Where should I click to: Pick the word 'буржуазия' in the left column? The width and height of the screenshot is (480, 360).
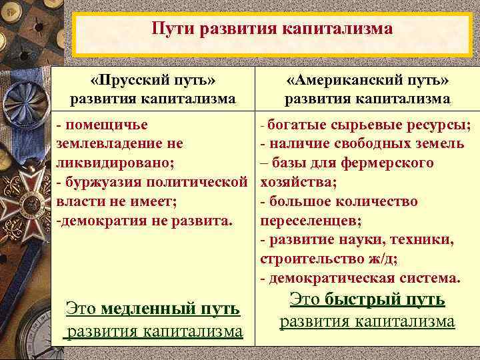(x=98, y=182)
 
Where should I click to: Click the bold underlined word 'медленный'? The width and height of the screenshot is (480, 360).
(x=151, y=309)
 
